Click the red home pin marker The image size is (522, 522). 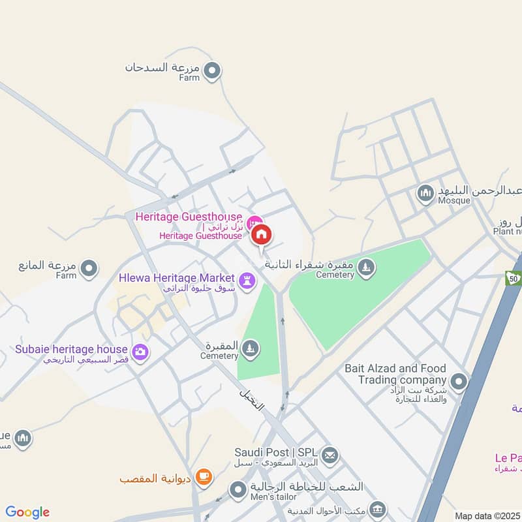pos(262,234)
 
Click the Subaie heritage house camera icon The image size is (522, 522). pos(140,352)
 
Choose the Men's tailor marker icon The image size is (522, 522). pos(238,488)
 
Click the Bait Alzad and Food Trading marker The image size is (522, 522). pos(459,381)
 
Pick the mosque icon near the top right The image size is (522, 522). pos(425,193)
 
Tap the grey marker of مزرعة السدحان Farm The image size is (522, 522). pos(211,70)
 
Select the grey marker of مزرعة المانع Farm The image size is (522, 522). pos(89,268)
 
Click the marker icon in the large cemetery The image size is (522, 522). pos(367,267)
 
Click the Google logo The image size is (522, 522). pos(27,512)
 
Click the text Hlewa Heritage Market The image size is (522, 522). pos(176,277)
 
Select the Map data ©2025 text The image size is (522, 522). pos(487,515)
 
